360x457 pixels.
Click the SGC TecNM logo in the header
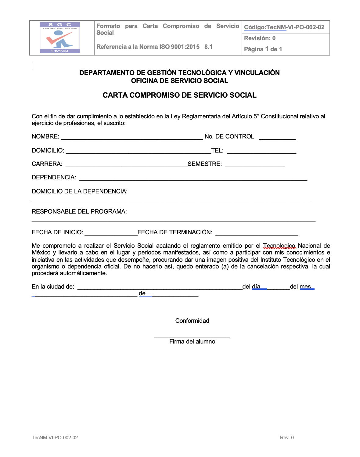coord(60,38)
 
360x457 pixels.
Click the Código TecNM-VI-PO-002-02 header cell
coord(284,27)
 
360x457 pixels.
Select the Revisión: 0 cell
coord(260,38)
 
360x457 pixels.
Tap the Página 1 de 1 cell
coord(263,49)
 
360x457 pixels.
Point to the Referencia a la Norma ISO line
coord(154,47)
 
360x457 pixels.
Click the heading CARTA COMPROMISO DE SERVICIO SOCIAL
coord(179,95)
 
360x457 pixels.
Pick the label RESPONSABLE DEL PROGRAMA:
coord(79,211)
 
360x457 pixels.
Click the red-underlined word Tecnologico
coord(279,246)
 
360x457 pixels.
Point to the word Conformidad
coord(192,321)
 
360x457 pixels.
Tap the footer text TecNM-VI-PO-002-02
coord(55,437)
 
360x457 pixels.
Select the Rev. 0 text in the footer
coord(287,437)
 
